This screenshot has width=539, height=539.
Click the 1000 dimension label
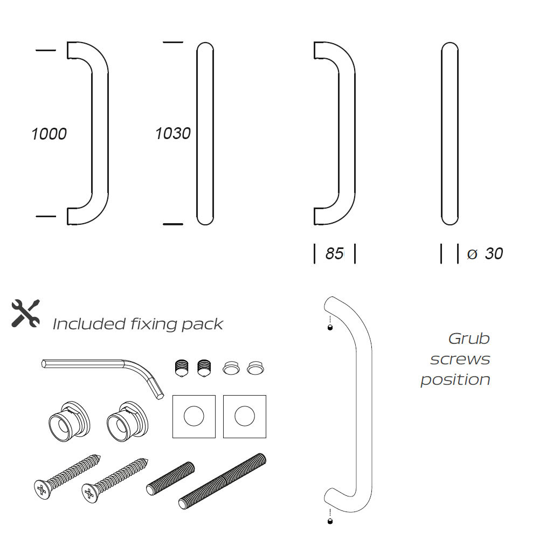point(49,134)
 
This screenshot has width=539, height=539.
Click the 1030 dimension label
point(172,133)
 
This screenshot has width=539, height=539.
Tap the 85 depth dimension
point(334,253)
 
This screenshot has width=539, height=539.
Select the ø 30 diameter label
point(485,253)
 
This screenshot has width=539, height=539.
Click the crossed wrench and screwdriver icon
point(25,313)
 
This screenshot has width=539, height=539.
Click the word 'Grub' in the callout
point(469,338)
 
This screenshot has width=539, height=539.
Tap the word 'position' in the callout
point(455,379)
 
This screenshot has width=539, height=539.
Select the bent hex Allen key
point(102,371)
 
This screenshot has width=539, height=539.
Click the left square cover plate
point(194,416)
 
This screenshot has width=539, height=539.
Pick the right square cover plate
point(245,416)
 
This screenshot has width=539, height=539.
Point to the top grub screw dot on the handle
point(330,328)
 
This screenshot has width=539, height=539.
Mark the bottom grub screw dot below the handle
point(330,521)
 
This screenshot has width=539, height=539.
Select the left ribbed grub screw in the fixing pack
point(182,368)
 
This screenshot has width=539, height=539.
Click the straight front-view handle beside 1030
point(205,133)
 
